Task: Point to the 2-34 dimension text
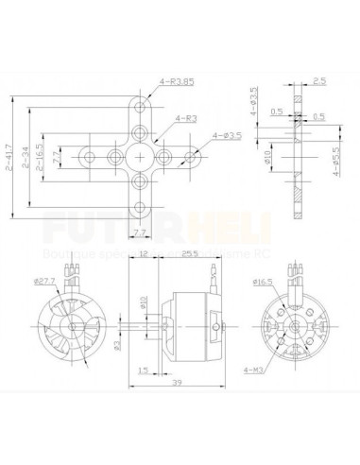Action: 28,152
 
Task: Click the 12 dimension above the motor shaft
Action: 143,254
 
